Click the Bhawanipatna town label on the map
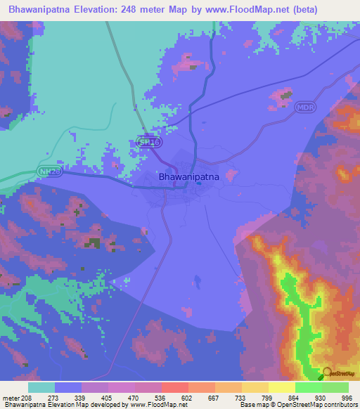[x=188, y=178]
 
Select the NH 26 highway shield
[x=49, y=171]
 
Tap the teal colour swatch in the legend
[x=41, y=387]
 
